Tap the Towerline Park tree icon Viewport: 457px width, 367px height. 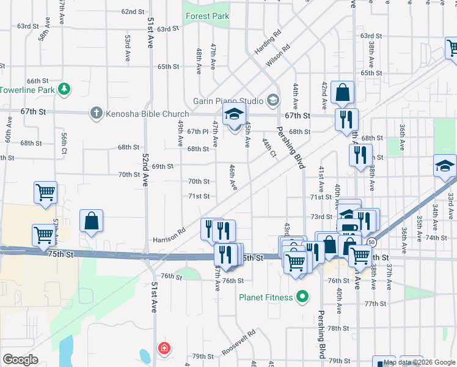64,90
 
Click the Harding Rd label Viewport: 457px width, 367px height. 268,41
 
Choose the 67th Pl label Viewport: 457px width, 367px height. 199,132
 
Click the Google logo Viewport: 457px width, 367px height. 21,360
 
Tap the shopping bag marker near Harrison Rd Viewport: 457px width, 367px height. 91,221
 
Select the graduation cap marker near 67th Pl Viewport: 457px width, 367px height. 234,114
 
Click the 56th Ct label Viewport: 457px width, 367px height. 64,141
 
